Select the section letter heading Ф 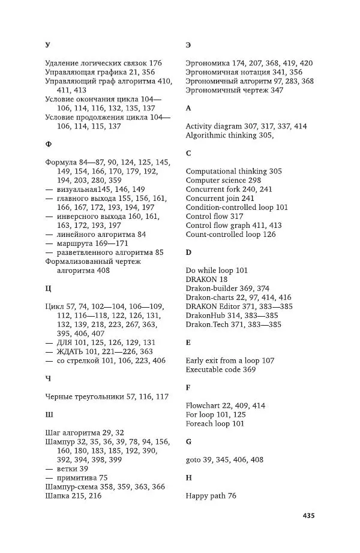(x=48, y=145)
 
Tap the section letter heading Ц (x=48, y=288)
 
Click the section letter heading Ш (x=49, y=414)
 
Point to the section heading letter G (x=189, y=441)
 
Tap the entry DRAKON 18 (x=206, y=279)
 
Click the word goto (x=194, y=459)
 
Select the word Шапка (x=59, y=495)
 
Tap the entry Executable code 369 (x=220, y=369)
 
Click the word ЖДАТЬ (x=74, y=351)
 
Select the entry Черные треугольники (x=85, y=396)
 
